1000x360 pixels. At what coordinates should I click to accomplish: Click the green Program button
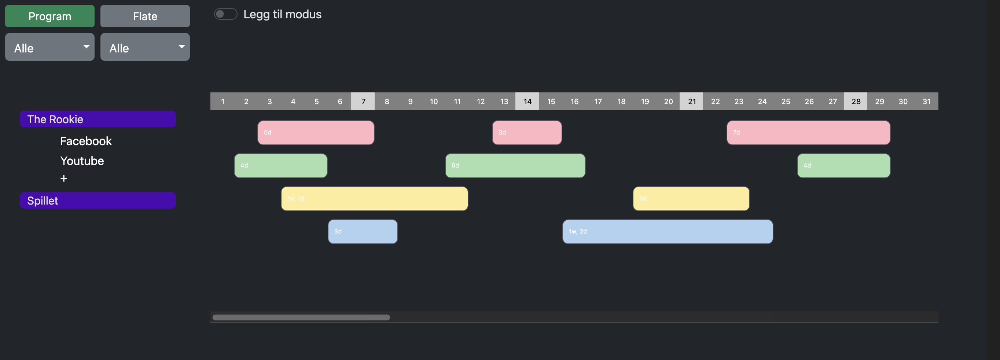pyautogui.click(x=50, y=16)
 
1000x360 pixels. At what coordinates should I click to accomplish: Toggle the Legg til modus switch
pyautogui.click(x=225, y=14)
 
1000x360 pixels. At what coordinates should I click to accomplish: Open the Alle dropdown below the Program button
pyautogui.click(x=50, y=47)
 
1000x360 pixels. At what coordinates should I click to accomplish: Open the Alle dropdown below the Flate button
pyautogui.click(x=145, y=47)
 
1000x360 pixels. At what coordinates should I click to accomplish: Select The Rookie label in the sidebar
pyautogui.click(x=98, y=119)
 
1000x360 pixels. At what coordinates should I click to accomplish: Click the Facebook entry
pyautogui.click(x=86, y=141)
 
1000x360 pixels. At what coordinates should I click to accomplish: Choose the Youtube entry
pyautogui.click(x=82, y=161)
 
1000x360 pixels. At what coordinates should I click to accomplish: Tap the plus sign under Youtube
pyautogui.click(x=64, y=179)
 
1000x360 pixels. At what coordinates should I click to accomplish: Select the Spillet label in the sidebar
pyautogui.click(x=98, y=201)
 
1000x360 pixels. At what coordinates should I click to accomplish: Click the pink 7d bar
pyautogui.click(x=808, y=133)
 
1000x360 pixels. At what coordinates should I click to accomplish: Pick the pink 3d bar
pyautogui.click(x=527, y=133)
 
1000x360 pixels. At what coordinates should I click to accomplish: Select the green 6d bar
pyautogui.click(x=515, y=166)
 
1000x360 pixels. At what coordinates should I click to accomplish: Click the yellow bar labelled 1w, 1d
pyautogui.click(x=374, y=199)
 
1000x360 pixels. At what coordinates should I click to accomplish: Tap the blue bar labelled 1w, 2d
pyautogui.click(x=667, y=232)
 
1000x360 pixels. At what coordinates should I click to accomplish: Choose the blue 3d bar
pyautogui.click(x=363, y=232)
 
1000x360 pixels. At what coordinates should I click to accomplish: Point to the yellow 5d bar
pyautogui.click(x=691, y=199)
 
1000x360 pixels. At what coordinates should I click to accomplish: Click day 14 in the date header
pyautogui.click(x=527, y=101)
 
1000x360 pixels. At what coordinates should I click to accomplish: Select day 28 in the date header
pyautogui.click(x=856, y=101)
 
